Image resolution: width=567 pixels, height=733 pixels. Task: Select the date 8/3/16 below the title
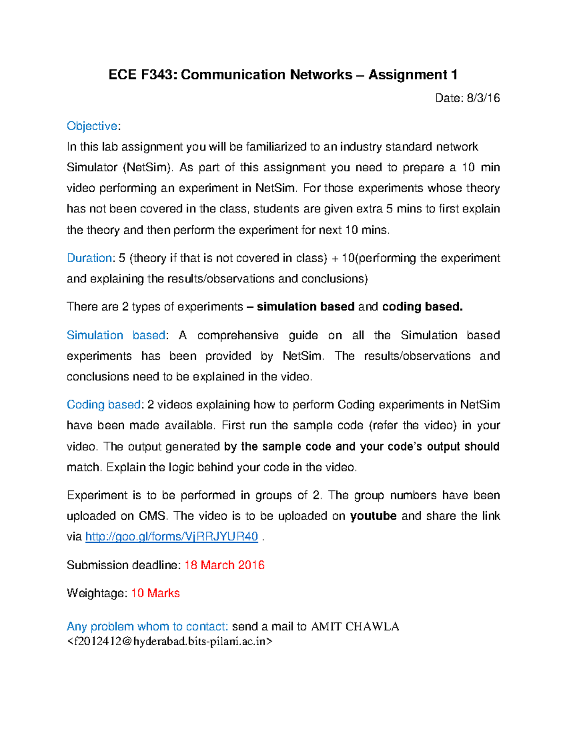[x=483, y=98]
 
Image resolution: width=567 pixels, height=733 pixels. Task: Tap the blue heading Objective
[x=92, y=126]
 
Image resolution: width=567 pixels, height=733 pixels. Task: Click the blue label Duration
[x=89, y=258]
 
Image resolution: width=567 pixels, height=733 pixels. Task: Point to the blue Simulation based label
[x=116, y=335]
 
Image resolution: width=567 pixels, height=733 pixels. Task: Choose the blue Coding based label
[x=103, y=404]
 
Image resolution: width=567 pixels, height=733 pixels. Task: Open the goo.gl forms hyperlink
[x=172, y=537]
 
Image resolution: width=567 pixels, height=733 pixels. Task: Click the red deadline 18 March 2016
[x=224, y=565]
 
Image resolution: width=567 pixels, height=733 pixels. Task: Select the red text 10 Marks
[x=155, y=593]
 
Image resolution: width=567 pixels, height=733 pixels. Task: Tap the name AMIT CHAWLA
[x=355, y=627]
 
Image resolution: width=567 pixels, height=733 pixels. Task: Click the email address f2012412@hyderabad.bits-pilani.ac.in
[x=170, y=641]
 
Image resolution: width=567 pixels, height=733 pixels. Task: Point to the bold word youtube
[x=373, y=516]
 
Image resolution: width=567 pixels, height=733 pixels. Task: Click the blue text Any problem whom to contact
[x=147, y=627]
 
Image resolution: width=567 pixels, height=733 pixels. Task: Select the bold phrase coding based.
[x=422, y=307]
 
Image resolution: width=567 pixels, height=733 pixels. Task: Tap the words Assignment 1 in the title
[x=412, y=75]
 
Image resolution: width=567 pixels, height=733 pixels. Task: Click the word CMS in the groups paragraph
[x=152, y=516]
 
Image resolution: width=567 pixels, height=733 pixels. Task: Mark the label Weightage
[x=97, y=593]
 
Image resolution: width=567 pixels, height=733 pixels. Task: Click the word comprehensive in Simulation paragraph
[x=238, y=335]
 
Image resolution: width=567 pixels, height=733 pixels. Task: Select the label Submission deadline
[x=123, y=565]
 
